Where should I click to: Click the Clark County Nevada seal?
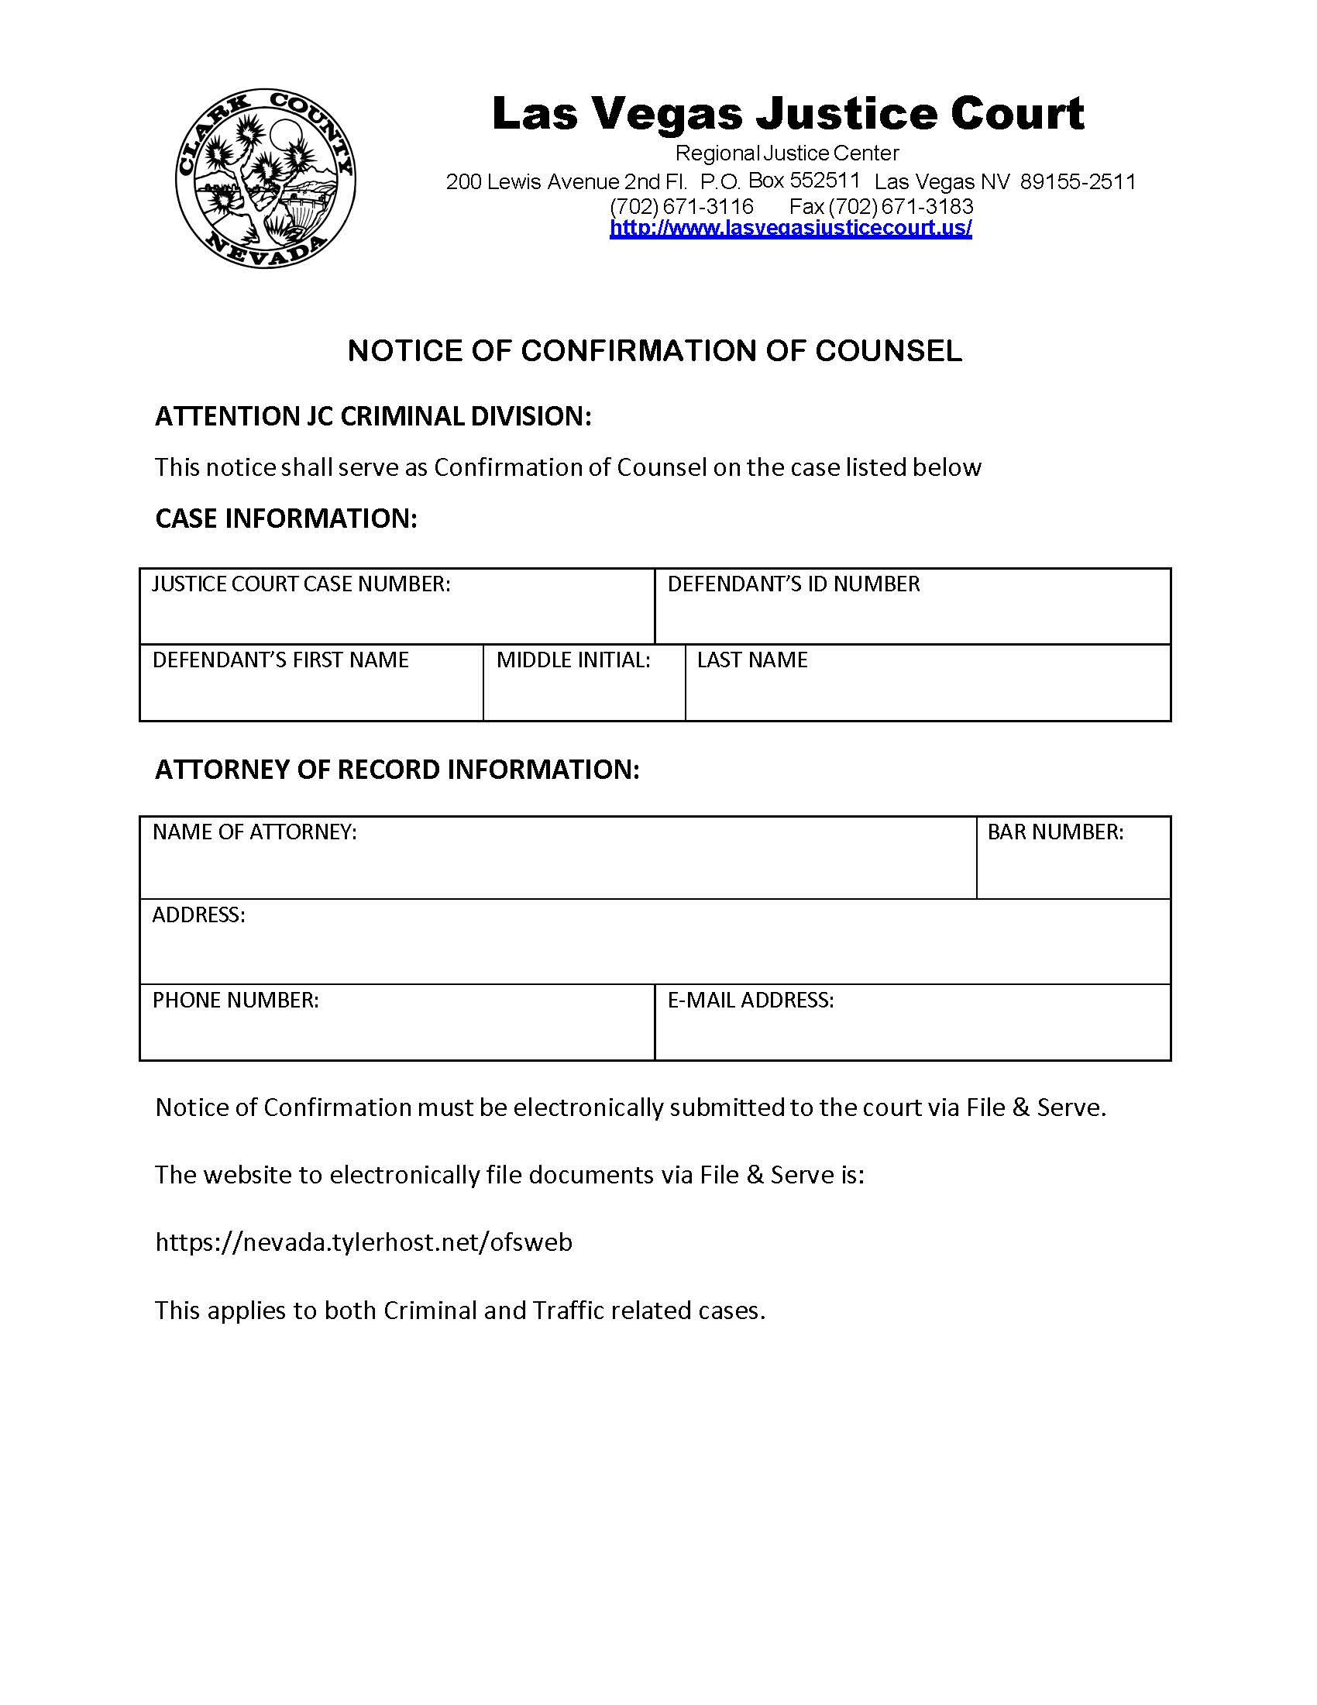click(265, 178)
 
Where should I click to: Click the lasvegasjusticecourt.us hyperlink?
click(790, 228)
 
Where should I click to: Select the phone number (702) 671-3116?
click(681, 207)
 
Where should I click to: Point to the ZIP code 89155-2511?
click(1078, 182)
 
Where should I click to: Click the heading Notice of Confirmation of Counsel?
click(654, 351)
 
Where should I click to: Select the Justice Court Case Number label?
click(301, 584)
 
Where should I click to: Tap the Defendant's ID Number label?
click(793, 584)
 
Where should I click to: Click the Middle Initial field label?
click(573, 660)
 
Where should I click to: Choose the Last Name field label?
click(752, 660)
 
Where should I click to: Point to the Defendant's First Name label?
click(280, 660)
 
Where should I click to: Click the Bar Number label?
click(1055, 832)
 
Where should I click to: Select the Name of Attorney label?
click(254, 832)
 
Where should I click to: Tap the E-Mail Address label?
click(751, 1001)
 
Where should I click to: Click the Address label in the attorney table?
click(198, 915)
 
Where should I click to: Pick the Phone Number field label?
click(236, 1001)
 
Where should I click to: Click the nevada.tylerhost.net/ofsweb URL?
click(363, 1242)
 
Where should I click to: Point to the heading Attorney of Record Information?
click(397, 770)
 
